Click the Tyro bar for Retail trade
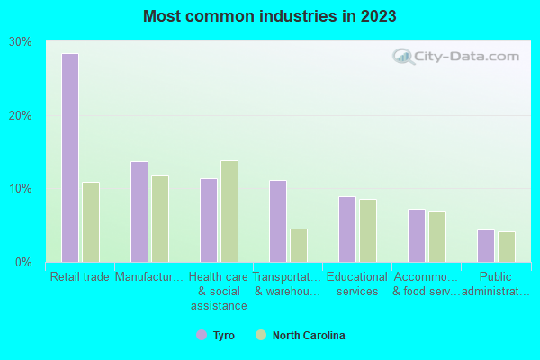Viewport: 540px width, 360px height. tap(70, 157)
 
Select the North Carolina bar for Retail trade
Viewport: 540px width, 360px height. tap(91, 222)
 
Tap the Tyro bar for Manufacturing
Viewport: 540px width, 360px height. tap(139, 211)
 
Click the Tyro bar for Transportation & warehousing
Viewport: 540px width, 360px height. tap(278, 221)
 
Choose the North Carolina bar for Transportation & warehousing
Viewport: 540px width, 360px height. tap(299, 246)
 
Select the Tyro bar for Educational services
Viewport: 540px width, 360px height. tap(347, 229)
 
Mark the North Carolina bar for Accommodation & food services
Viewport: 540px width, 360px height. tap(437, 237)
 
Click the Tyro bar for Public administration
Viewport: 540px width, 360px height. tap(486, 246)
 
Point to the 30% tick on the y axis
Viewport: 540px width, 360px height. tap(21, 42)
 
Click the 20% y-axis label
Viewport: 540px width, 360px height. tap(21, 116)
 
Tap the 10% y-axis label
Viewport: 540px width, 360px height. tap(21, 189)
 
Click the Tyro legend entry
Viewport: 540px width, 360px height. tap(216, 336)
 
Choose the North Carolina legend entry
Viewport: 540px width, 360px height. tap(301, 336)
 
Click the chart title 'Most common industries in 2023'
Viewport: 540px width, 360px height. tap(270, 16)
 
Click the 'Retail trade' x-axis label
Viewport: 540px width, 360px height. tap(80, 277)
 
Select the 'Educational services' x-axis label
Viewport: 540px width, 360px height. tap(356, 283)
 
